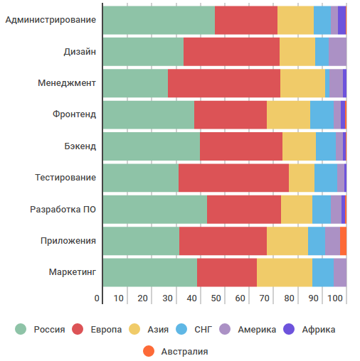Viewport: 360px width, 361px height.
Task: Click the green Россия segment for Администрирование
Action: tap(159, 20)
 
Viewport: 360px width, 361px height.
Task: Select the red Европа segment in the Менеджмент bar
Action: tap(224, 83)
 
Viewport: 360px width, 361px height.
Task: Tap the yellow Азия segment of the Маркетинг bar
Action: tap(285, 273)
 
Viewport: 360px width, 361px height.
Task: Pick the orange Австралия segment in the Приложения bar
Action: tap(343, 241)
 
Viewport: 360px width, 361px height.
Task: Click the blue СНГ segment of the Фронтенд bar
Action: tap(322, 114)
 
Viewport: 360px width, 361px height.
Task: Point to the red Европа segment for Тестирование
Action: tap(233, 178)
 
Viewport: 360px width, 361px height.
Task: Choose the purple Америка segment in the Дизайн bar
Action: tap(337, 51)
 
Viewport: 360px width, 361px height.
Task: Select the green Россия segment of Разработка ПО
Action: tap(155, 210)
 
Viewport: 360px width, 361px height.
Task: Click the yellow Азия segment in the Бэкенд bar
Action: tap(299, 146)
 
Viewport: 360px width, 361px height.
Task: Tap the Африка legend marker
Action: tap(290, 329)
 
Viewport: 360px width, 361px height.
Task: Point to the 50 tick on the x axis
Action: tap(216, 298)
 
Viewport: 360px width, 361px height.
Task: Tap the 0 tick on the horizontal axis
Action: tap(97, 298)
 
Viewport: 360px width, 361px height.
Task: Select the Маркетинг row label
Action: tap(72, 273)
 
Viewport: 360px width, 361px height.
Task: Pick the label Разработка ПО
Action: tap(63, 210)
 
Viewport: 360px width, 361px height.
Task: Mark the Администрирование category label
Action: tap(51, 20)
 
